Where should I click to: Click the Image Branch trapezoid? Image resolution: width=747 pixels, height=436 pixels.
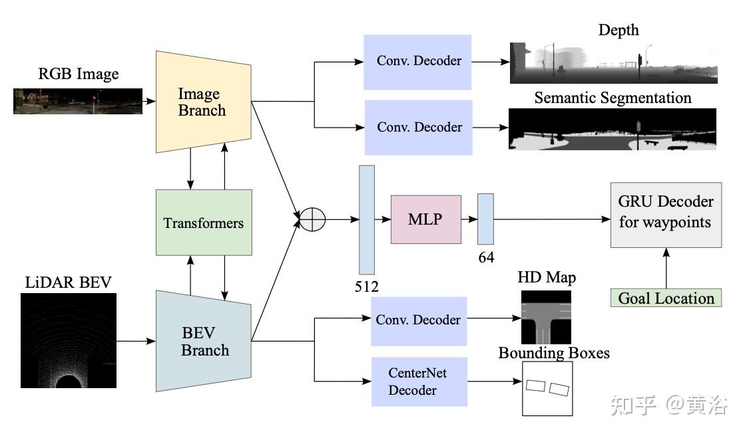tap(203, 102)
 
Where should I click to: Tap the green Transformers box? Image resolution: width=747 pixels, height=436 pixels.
tap(204, 223)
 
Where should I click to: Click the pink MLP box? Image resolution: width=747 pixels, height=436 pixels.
tap(425, 219)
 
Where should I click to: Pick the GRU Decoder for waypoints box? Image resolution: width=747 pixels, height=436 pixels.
tap(665, 215)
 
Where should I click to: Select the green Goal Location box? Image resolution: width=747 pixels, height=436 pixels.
tap(666, 298)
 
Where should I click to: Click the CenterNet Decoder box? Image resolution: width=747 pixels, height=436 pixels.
tap(419, 381)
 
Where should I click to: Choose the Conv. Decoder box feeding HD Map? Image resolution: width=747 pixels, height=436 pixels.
tap(419, 320)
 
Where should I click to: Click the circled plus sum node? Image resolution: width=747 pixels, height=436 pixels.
tap(312, 219)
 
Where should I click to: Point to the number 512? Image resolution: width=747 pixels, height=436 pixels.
tap(366, 286)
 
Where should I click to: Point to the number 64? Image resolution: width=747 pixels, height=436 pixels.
tap(486, 257)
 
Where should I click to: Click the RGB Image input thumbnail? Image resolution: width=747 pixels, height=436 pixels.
tap(78, 101)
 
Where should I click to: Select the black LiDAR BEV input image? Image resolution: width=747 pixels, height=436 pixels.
tap(68, 340)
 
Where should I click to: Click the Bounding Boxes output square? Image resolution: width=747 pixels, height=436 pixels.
tap(547, 389)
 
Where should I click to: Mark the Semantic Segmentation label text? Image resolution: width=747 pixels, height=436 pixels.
tap(613, 98)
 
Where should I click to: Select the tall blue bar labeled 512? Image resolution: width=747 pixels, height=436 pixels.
tap(367, 220)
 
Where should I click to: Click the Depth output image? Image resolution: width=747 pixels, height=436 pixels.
tap(613, 63)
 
